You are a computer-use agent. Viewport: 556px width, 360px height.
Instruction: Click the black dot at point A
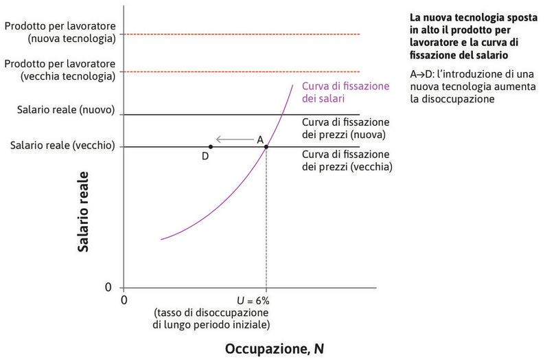[x=266, y=146]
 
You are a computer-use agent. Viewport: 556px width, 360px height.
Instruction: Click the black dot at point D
[x=210, y=146]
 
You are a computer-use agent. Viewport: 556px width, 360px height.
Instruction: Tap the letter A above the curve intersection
[x=260, y=139]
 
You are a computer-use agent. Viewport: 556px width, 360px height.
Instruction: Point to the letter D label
[x=205, y=157]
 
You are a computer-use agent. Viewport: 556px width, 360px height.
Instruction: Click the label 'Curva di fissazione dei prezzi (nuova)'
[x=343, y=128]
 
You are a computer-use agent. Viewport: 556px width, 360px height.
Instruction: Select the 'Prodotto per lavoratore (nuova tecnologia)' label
[x=60, y=32]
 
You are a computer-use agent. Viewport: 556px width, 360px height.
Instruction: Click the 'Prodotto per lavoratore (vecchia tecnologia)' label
[x=60, y=69]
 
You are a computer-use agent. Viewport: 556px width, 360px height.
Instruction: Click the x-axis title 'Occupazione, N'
[x=274, y=348]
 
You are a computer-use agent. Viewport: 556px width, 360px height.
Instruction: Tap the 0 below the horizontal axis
[x=124, y=300]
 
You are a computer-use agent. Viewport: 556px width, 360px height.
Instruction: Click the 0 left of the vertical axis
[x=108, y=286]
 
